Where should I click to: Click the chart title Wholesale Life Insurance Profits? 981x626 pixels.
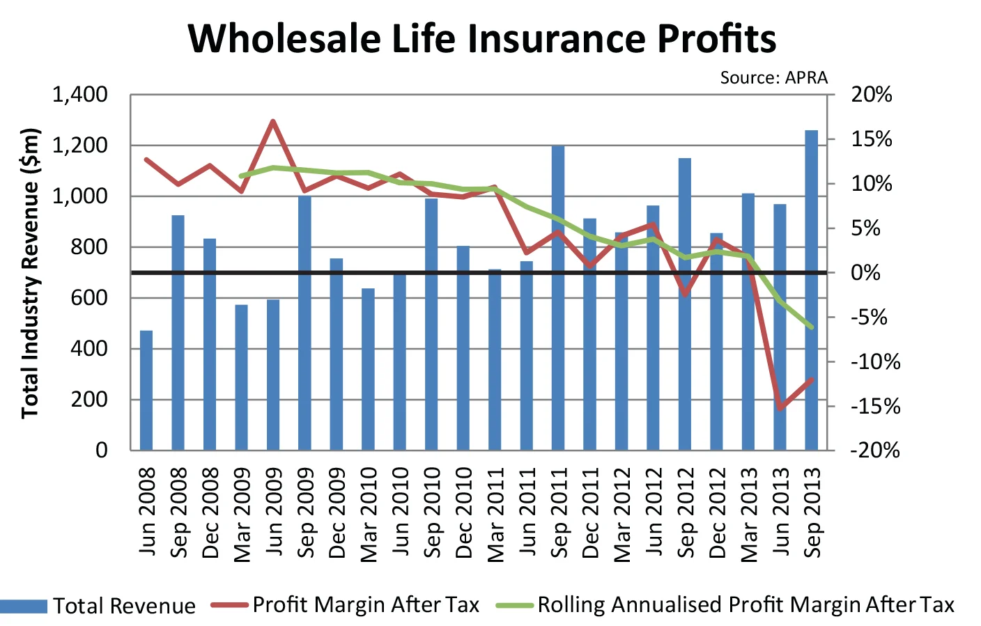482,38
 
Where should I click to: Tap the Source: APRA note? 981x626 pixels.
773,77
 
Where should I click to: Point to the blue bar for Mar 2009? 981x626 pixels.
241,377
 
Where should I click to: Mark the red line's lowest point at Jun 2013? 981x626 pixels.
780,408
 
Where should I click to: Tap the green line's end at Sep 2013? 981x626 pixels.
812,327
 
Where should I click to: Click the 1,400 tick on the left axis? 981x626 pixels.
80,94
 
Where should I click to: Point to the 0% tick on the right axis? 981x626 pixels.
866,273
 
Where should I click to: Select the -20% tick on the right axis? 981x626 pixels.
874,451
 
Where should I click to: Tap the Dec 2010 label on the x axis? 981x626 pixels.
463,512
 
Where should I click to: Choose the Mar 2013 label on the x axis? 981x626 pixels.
748,512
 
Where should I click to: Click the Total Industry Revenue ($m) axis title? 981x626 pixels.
29,273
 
